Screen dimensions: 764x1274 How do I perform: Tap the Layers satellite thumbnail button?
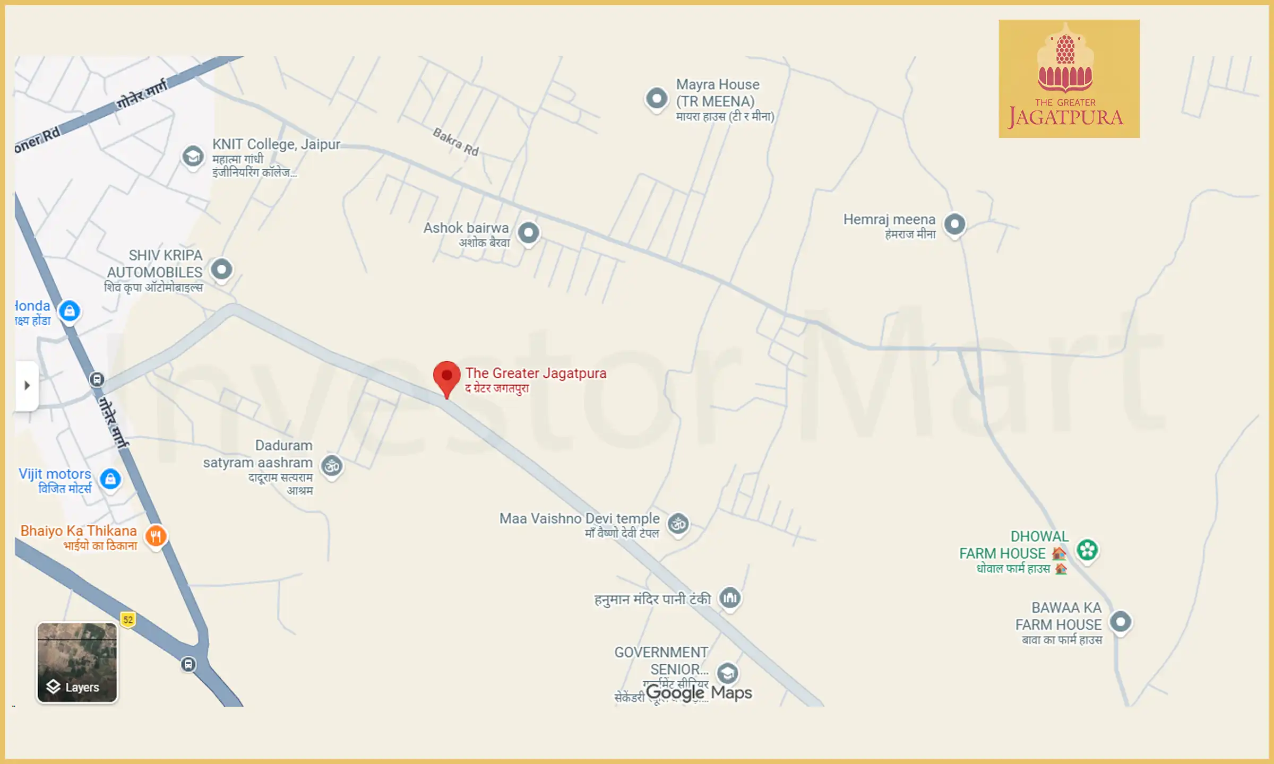click(77, 662)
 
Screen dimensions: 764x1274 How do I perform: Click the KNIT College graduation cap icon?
click(193, 157)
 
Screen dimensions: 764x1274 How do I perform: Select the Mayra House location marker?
click(657, 99)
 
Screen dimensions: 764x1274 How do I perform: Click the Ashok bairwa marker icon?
click(528, 233)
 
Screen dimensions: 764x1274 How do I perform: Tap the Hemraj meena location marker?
click(954, 224)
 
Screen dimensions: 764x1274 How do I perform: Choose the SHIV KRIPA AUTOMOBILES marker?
click(221, 270)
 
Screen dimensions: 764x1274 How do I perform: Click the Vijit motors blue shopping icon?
click(110, 479)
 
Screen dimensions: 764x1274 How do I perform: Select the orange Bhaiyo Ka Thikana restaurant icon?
click(156, 536)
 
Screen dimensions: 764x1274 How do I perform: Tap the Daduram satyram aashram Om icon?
click(332, 466)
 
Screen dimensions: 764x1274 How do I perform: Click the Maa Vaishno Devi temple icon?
click(678, 524)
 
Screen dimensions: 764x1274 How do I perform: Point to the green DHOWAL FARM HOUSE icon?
click(1087, 550)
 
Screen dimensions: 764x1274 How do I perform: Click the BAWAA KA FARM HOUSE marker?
click(1121, 621)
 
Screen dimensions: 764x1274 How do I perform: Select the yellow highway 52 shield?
click(128, 619)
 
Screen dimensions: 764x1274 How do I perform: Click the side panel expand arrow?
click(27, 386)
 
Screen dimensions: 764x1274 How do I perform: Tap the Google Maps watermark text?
click(699, 693)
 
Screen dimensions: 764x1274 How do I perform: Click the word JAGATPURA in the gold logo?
click(1066, 117)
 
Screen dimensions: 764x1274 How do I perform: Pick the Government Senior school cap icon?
click(727, 673)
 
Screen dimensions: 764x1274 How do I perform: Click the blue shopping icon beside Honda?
click(70, 311)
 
